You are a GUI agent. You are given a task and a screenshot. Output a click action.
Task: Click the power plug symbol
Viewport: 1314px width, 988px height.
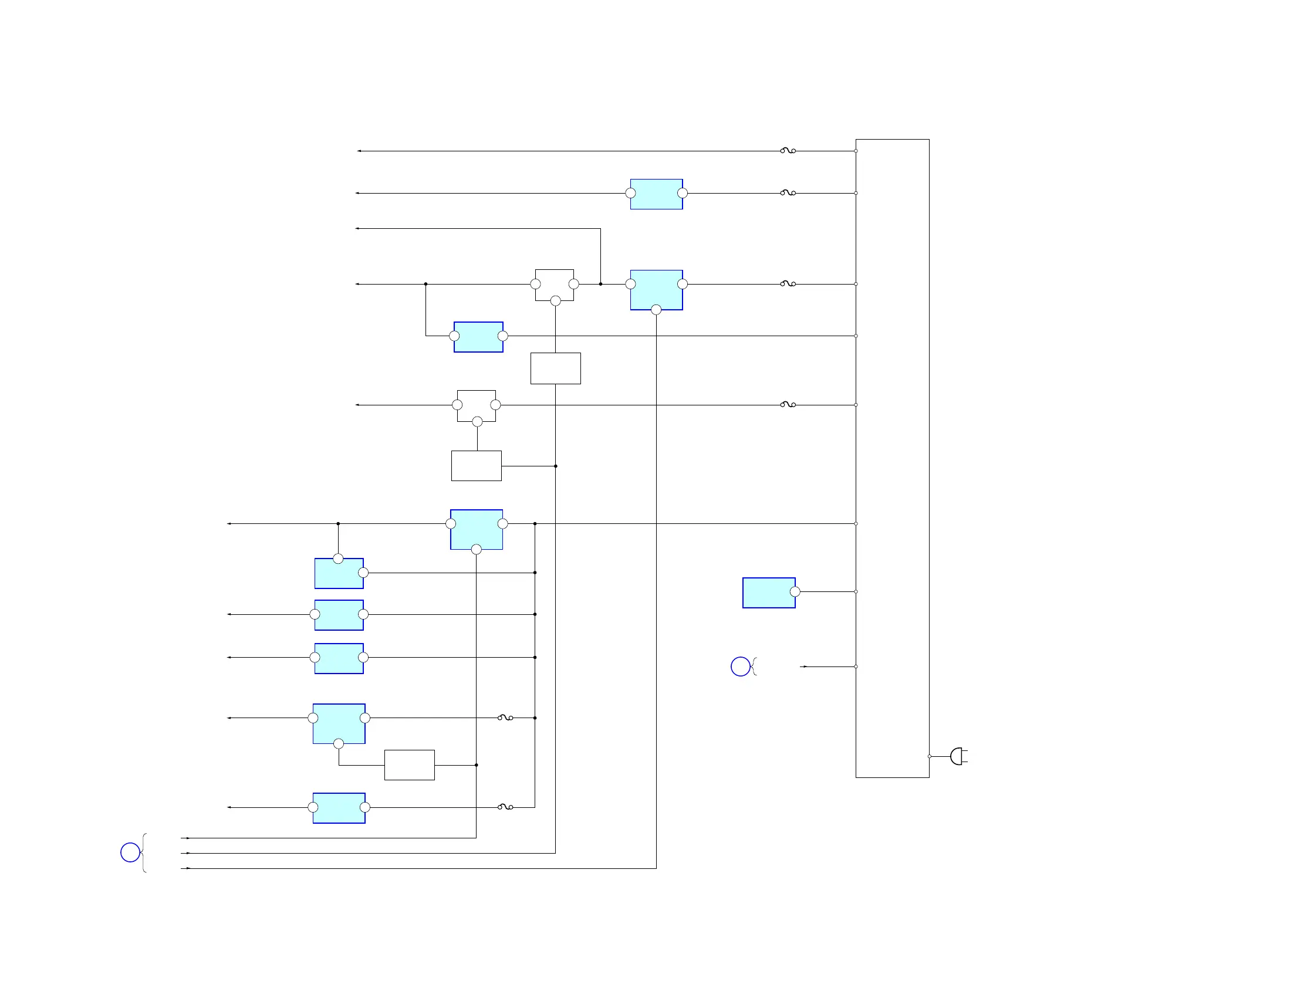coord(958,756)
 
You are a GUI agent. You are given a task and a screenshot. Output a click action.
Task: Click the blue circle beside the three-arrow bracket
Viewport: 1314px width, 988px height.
coord(130,852)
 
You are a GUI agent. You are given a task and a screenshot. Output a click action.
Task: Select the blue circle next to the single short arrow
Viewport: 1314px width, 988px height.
coord(740,666)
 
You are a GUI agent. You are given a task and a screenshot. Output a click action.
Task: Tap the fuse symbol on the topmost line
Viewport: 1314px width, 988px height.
coord(788,151)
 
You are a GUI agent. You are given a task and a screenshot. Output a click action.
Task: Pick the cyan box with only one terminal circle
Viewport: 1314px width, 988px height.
coord(769,593)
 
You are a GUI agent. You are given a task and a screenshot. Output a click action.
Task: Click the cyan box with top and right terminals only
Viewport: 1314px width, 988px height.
coord(339,573)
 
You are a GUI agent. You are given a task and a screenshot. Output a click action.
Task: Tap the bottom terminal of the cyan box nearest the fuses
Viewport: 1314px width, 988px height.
coord(656,309)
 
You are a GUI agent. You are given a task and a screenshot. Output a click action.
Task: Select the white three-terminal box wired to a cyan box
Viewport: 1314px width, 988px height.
coord(554,285)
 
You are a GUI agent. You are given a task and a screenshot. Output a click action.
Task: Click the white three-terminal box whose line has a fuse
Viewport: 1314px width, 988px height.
coord(477,405)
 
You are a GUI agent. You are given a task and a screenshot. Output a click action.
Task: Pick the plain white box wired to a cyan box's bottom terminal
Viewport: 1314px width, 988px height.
coord(409,764)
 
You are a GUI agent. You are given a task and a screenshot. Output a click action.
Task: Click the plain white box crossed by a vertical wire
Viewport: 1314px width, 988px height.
coord(555,368)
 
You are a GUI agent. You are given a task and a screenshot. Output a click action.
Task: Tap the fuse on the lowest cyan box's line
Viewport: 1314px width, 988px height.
coord(505,807)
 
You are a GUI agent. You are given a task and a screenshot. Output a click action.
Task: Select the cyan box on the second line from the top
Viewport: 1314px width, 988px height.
coord(656,194)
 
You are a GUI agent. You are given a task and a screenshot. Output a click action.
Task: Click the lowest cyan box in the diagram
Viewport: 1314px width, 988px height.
coord(339,807)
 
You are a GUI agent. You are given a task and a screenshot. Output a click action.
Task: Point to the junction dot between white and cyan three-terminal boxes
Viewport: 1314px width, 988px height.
coord(600,284)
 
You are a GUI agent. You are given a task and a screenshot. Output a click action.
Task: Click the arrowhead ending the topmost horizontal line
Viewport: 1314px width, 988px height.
coord(359,151)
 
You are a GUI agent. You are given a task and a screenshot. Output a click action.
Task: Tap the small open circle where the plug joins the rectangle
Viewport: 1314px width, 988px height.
coord(929,756)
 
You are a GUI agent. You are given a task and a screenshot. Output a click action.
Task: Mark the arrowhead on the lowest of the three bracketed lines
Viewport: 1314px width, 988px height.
coord(188,868)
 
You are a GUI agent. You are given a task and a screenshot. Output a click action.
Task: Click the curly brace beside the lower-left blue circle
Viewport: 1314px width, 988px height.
coord(144,852)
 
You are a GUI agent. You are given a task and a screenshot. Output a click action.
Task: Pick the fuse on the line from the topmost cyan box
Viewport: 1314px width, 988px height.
coord(788,193)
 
